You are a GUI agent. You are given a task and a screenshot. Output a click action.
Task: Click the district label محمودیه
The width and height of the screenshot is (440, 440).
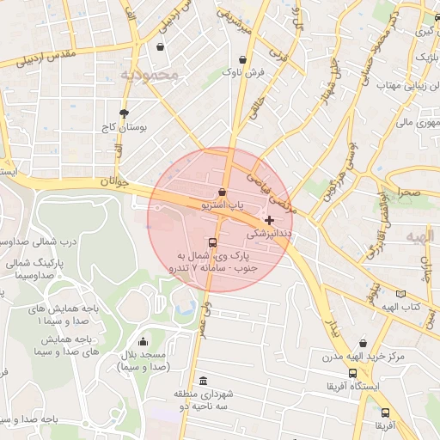(150, 75)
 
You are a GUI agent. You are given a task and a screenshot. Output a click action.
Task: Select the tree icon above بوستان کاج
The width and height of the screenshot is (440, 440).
(124, 113)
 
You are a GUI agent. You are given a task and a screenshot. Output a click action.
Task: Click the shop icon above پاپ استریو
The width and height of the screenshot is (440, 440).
(223, 192)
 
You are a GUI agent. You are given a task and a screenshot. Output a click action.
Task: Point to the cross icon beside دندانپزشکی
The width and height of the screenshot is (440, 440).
(270, 220)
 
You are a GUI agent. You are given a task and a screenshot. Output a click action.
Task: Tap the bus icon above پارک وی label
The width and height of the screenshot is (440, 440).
(212, 242)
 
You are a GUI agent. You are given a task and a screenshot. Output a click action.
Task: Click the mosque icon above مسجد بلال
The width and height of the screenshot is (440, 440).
(143, 342)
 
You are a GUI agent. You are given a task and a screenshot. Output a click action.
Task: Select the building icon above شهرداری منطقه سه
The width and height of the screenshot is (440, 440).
(203, 381)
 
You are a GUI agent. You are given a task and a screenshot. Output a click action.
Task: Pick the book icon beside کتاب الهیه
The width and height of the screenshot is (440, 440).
(400, 294)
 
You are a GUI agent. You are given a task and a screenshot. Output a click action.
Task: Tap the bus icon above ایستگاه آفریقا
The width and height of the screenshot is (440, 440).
(353, 374)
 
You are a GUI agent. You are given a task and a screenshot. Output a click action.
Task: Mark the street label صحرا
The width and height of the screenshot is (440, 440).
(407, 192)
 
